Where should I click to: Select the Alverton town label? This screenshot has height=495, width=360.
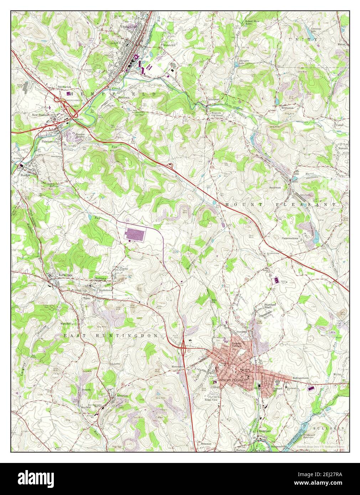click(122, 396)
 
